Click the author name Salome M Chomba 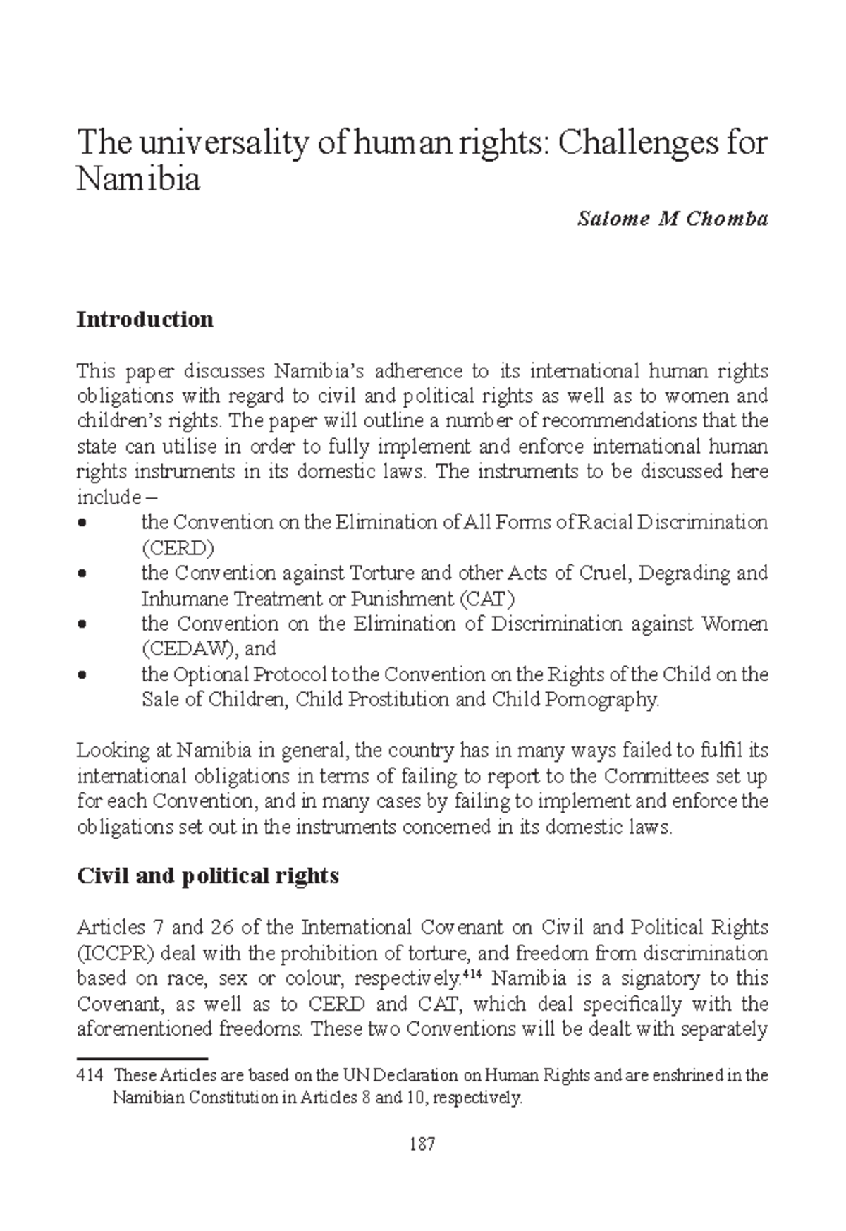[x=672, y=219]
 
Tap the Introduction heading [x=145, y=320]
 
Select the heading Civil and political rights [x=207, y=875]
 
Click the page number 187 [x=422, y=1144]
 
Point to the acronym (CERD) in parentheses [x=178, y=548]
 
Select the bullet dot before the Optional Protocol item [x=83, y=675]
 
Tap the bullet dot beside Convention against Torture [x=83, y=574]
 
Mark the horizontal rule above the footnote [x=141, y=1059]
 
